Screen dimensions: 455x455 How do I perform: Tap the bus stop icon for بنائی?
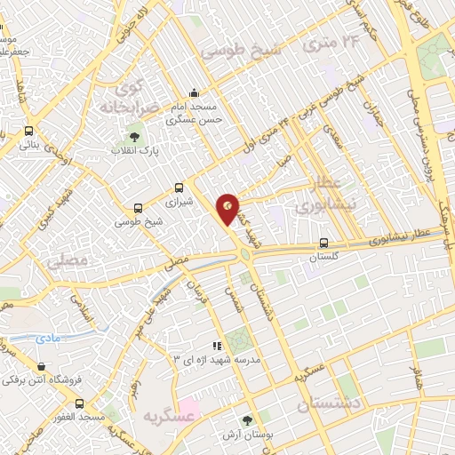point(29,130)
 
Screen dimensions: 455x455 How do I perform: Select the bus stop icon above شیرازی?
point(180,188)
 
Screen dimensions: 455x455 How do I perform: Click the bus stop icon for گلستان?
point(323,242)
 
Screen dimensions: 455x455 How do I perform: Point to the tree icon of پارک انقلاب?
point(134,137)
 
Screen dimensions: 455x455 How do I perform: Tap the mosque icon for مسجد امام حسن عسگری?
point(195,93)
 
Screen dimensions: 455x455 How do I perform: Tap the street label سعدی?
point(334,137)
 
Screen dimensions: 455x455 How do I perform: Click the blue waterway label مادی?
point(47,339)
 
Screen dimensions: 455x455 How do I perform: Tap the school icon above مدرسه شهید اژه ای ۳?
point(217,345)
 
